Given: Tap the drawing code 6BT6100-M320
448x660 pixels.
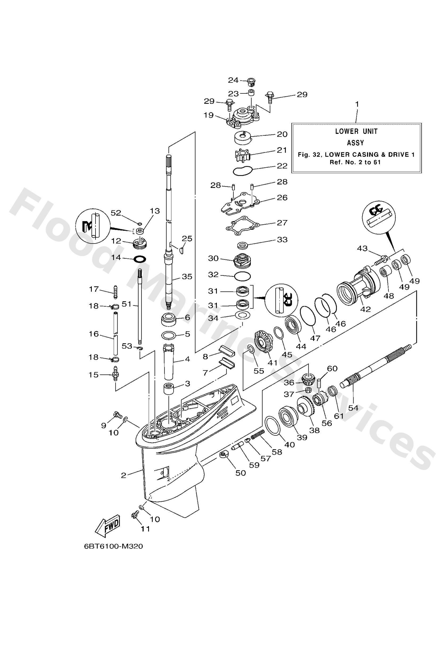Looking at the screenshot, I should click(113, 554).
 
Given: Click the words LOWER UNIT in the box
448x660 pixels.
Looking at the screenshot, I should click(356, 131).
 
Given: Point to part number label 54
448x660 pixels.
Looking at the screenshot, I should click(353, 408).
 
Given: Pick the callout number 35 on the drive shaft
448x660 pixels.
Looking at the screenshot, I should click(187, 276).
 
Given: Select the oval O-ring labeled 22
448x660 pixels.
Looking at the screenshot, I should click(242, 171).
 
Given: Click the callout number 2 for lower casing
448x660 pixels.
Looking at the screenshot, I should click(123, 475).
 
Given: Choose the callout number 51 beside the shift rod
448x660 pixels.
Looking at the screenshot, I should click(127, 304).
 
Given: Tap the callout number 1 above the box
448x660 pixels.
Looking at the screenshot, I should click(357, 105).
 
